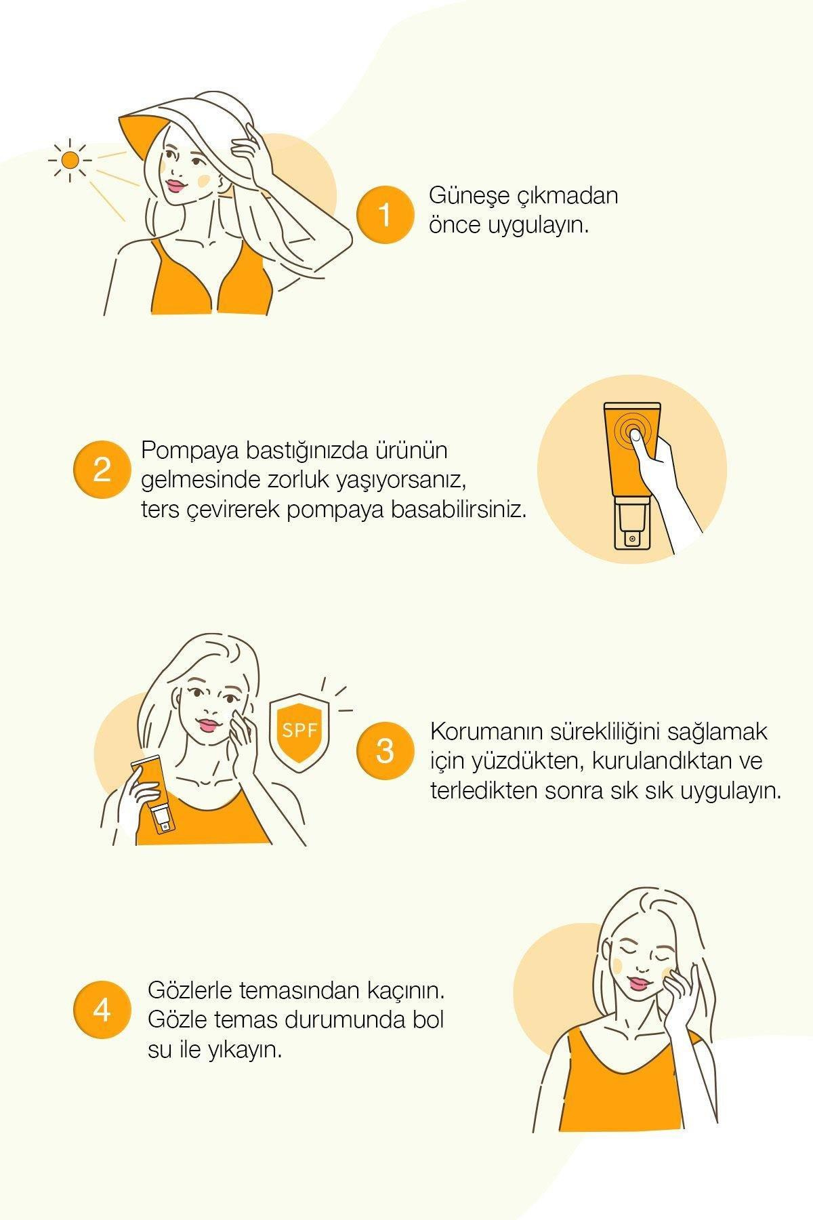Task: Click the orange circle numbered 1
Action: click(x=384, y=215)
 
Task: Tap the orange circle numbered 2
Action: click(x=102, y=470)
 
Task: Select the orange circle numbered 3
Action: click(x=384, y=751)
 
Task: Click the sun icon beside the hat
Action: click(x=70, y=161)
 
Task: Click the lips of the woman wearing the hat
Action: click(x=176, y=184)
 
